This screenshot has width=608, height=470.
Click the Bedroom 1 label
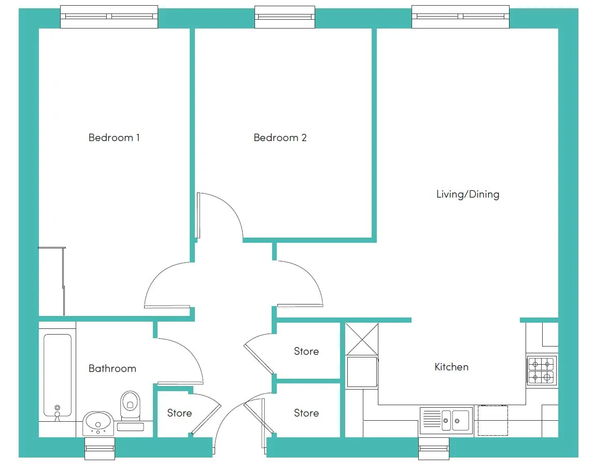coord(114,138)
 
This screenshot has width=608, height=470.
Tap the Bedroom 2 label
coord(280,138)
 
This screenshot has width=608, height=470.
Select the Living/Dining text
coord(468,194)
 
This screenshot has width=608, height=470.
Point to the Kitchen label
coord(451,367)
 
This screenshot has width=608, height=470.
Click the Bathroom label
coord(112,368)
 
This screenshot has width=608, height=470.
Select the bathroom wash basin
coord(98,423)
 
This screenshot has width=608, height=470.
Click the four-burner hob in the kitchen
coord(541,370)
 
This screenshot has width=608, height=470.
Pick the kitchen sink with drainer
coord(446,420)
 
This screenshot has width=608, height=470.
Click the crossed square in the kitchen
coord(362,339)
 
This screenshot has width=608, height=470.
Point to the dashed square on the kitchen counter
coord(492,420)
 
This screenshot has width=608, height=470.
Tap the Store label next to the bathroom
coord(179,413)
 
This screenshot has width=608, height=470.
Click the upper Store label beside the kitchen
coord(306,351)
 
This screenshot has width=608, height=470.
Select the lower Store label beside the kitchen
coord(306,413)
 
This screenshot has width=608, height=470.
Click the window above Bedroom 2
coord(285,17)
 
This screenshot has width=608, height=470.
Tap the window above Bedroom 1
coord(109,17)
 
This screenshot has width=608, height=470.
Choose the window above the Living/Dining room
coord(460,17)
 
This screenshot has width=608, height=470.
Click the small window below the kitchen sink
coord(433,449)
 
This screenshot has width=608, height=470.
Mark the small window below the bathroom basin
coord(100,449)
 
